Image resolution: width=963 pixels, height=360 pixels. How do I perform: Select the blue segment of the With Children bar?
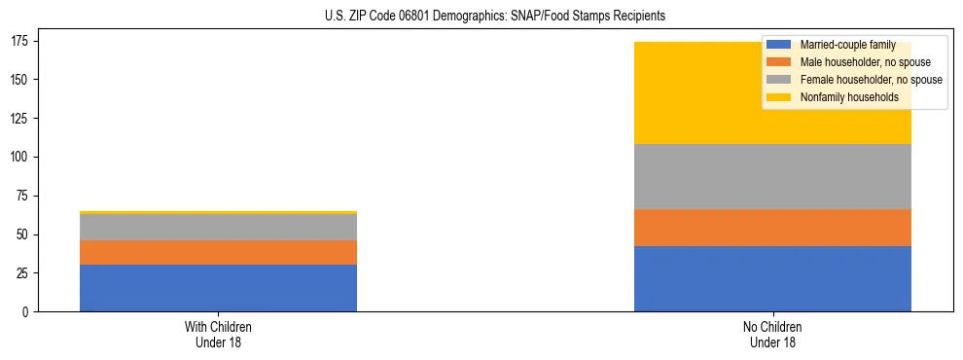218,288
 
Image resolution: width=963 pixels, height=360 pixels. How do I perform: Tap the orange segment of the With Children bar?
218,252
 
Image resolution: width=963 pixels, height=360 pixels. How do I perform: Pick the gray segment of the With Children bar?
218,227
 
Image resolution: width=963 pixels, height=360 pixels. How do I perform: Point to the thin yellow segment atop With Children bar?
218,212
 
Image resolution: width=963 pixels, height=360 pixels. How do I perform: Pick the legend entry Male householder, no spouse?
851,63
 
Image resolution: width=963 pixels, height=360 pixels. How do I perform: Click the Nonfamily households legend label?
842,97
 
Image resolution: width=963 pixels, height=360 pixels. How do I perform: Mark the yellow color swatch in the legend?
779,97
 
